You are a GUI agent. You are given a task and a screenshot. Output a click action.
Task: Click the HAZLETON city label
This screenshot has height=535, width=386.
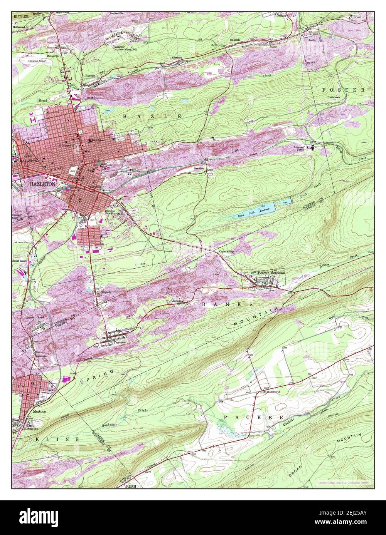(42, 184)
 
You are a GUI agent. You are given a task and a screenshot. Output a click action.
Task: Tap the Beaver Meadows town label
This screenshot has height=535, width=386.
(271, 272)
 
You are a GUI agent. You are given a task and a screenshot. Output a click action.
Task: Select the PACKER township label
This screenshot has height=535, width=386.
(255, 417)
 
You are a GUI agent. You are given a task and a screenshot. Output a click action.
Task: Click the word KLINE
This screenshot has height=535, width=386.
(57, 439)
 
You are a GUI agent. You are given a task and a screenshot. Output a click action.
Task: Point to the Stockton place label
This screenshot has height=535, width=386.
(199, 168)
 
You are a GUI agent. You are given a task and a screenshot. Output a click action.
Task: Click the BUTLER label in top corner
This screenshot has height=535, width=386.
(21, 17)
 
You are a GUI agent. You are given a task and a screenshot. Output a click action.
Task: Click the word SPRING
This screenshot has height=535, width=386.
(97, 377)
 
